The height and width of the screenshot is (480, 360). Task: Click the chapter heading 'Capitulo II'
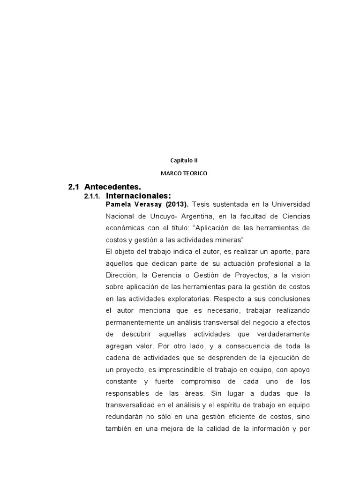(180, 160)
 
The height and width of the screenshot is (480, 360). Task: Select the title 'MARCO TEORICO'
(184, 173)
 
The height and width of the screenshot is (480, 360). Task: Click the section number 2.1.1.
(92, 196)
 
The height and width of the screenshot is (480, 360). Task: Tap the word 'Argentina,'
(189, 216)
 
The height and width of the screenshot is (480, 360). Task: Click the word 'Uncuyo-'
(157, 216)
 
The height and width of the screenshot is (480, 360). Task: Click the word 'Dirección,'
(123, 275)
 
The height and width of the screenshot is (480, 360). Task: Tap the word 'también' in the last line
(119, 428)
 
